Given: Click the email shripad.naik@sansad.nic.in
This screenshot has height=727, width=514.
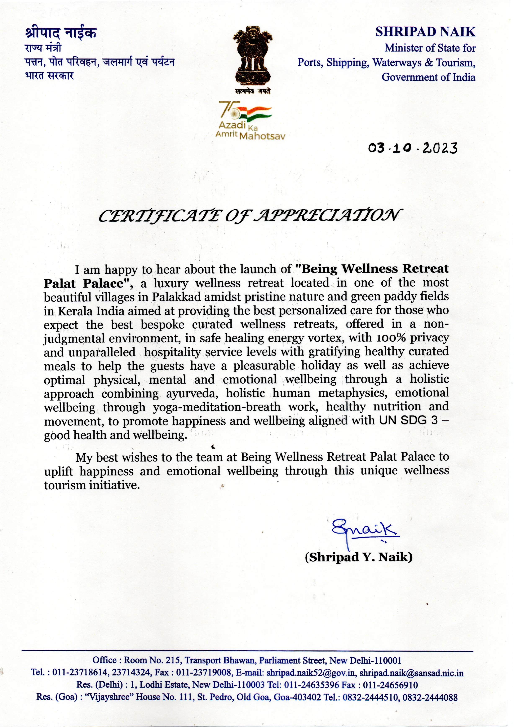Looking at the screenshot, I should pos(411,673).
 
